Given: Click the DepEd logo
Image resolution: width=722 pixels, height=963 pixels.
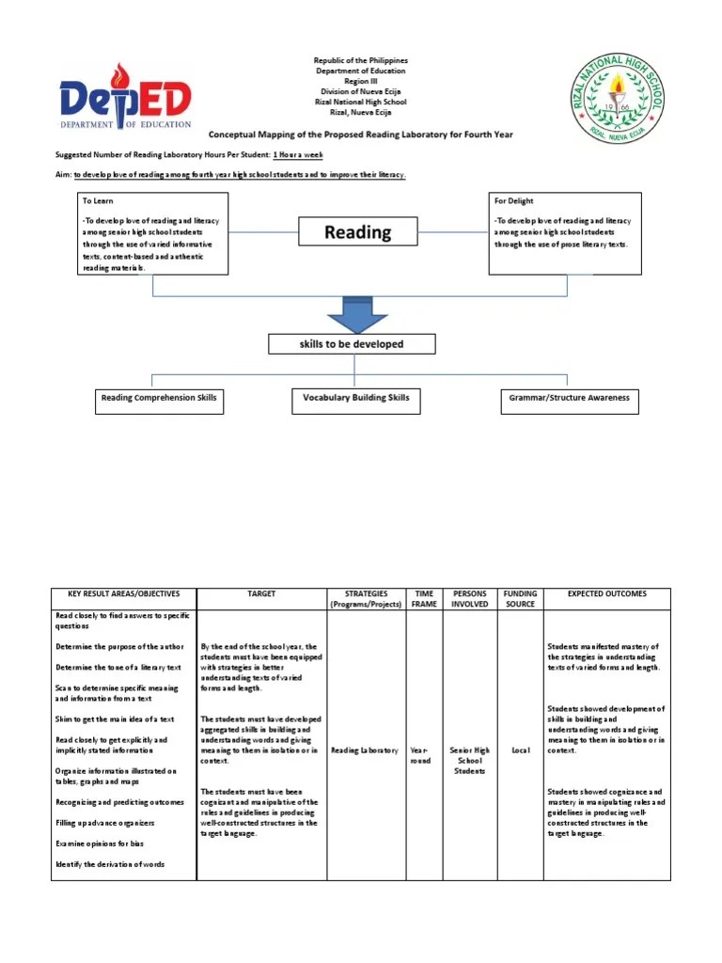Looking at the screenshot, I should (x=125, y=96).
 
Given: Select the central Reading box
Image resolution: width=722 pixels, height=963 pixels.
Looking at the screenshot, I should (x=357, y=231).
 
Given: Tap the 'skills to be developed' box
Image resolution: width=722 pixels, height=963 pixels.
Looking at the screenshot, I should (x=352, y=344).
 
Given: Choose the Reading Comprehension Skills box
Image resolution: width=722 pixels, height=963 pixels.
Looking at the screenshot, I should (x=159, y=399).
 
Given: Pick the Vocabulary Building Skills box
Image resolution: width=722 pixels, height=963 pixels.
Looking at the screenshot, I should (x=355, y=399).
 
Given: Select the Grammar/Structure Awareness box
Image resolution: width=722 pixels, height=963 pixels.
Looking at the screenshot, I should (x=569, y=399).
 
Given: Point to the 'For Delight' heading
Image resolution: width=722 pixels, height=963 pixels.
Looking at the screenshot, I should (x=514, y=201).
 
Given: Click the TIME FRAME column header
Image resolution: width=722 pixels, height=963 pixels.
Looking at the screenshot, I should (x=424, y=599).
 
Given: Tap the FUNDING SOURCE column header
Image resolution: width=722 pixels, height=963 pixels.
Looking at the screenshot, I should (x=520, y=599).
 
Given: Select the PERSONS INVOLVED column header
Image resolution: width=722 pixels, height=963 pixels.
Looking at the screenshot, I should (x=470, y=599).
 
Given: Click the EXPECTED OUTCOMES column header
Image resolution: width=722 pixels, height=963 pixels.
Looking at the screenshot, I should (x=606, y=594).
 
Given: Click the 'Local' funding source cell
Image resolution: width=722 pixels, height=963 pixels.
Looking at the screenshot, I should (x=520, y=750).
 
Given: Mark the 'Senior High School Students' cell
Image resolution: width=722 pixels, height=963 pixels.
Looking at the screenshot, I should (x=470, y=761).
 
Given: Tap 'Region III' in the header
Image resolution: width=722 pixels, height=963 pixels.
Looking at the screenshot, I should (x=360, y=81).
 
